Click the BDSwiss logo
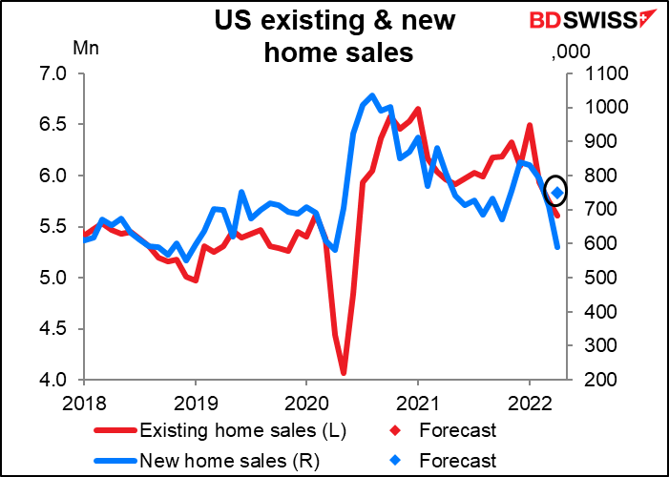point(588,20)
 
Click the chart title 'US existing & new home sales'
point(335,36)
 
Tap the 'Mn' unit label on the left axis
point(86,49)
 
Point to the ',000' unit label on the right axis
point(571,52)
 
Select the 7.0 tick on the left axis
point(52,73)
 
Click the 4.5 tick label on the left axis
point(52,329)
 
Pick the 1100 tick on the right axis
point(600,73)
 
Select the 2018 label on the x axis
point(83,404)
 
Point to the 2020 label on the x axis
point(306,404)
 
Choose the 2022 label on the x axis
point(529,404)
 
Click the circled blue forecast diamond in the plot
point(556,194)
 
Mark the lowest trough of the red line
point(344,374)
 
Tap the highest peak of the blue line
point(372,95)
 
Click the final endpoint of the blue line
point(556,247)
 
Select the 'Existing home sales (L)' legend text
point(242,430)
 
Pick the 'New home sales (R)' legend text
point(229,461)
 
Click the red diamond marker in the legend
point(397,430)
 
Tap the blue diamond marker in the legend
point(397,461)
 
